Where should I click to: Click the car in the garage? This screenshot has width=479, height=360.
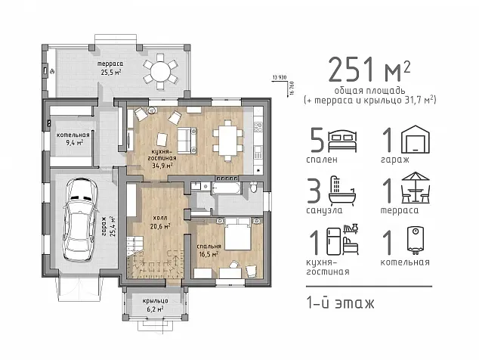click(x=80, y=219)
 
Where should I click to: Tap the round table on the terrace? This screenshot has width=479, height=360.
click(x=160, y=72)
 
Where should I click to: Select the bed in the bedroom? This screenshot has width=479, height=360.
click(x=238, y=234)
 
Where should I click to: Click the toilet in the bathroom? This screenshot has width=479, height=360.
click(x=254, y=187)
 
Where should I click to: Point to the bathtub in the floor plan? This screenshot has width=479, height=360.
click(x=227, y=188)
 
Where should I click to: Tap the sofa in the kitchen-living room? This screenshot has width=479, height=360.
click(x=187, y=140)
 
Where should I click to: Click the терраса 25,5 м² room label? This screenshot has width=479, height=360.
click(x=110, y=68)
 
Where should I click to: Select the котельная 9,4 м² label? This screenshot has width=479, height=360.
click(x=73, y=138)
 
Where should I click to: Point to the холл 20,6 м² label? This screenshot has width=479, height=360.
click(x=160, y=222)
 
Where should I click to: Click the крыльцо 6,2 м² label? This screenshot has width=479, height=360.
click(x=155, y=305)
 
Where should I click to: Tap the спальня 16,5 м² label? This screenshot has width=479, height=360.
click(x=209, y=250)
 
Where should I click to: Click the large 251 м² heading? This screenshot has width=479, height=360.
click(x=369, y=69)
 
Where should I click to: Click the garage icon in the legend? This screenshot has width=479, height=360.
click(x=415, y=139)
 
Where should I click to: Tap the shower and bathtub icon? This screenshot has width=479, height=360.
click(x=342, y=191)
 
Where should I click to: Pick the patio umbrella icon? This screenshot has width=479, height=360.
click(x=416, y=188)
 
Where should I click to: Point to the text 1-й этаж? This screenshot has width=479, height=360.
click(x=340, y=303)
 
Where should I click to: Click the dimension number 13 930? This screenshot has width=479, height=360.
click(x=280, y=78)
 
